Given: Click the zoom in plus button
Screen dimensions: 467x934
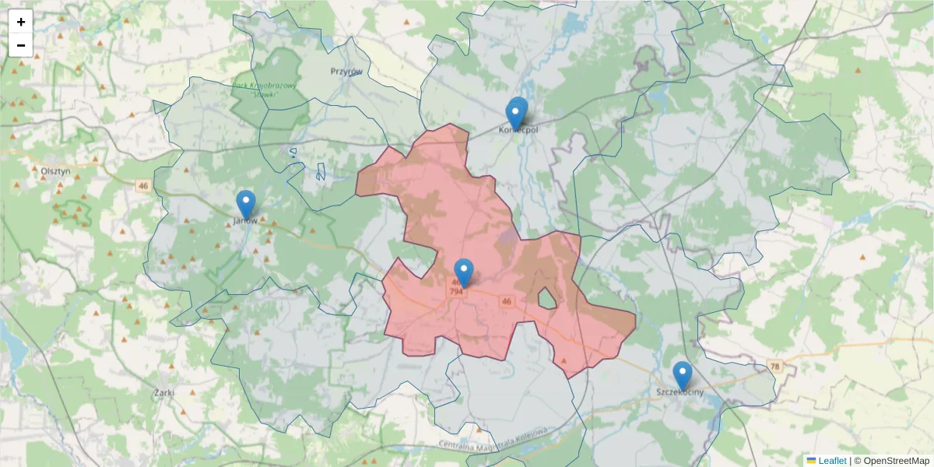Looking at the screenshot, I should click(x=21, y=22).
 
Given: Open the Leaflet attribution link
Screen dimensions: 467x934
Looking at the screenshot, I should click(x=832, y=461).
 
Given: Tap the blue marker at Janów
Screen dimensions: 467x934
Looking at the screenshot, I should click(x=246, y=204).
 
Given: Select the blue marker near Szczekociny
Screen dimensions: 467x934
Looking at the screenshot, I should click(x=683, y=375).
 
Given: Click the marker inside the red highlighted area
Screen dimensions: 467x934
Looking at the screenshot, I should click(x=464, y=272).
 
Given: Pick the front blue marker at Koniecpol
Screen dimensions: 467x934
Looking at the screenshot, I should click(x=514, y=115).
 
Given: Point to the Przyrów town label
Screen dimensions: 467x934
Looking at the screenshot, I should click(x=346, y=72).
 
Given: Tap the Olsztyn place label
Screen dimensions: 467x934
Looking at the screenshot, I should click(x=54, y=171).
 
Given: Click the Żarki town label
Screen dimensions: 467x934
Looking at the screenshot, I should click(x=163, y=393).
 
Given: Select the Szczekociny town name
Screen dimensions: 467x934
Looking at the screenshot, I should click(x=679, y=392).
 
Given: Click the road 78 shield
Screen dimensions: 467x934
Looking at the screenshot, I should click(x=774, y=366).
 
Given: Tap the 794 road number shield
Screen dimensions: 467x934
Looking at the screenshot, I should click(x=456, y=292).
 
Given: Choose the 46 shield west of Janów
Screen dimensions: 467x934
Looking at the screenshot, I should click(x=142, y=186).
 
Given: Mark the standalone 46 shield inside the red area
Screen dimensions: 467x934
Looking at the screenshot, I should click(x=507, y=300).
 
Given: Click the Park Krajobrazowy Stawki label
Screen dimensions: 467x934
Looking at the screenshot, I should click(x=265, y=90).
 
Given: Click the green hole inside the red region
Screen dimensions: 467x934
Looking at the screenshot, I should click(x=548, y=298).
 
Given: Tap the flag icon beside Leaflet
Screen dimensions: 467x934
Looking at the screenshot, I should click(x=811, y=461).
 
